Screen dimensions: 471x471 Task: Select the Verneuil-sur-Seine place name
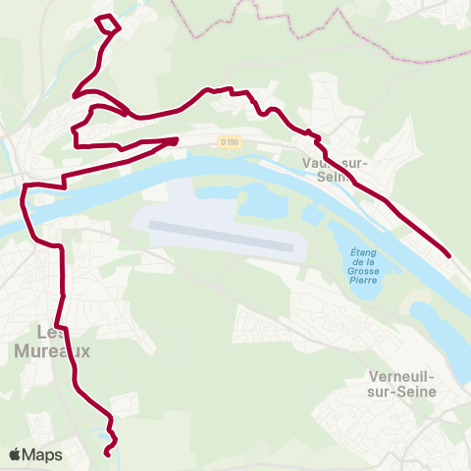(403, 384)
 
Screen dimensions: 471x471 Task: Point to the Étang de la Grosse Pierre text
(365, 266)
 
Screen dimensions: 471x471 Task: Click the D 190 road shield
(230, 141)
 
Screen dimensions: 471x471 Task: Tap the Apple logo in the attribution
(16, 454)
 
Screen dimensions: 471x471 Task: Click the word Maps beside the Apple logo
(42, 454)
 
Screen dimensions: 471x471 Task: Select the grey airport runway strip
(222, 235)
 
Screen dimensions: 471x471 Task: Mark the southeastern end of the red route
(448, 256)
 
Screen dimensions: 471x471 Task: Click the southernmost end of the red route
(107, 453)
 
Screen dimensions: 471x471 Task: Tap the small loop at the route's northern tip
(106, 24)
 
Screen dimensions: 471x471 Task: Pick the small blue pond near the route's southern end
(102, 433)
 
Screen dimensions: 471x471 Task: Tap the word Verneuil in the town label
(403, 377)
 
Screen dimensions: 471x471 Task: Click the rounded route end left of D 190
(174, 141)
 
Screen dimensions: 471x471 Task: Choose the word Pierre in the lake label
(365, 281)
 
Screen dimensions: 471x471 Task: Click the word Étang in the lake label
(365, 252)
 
